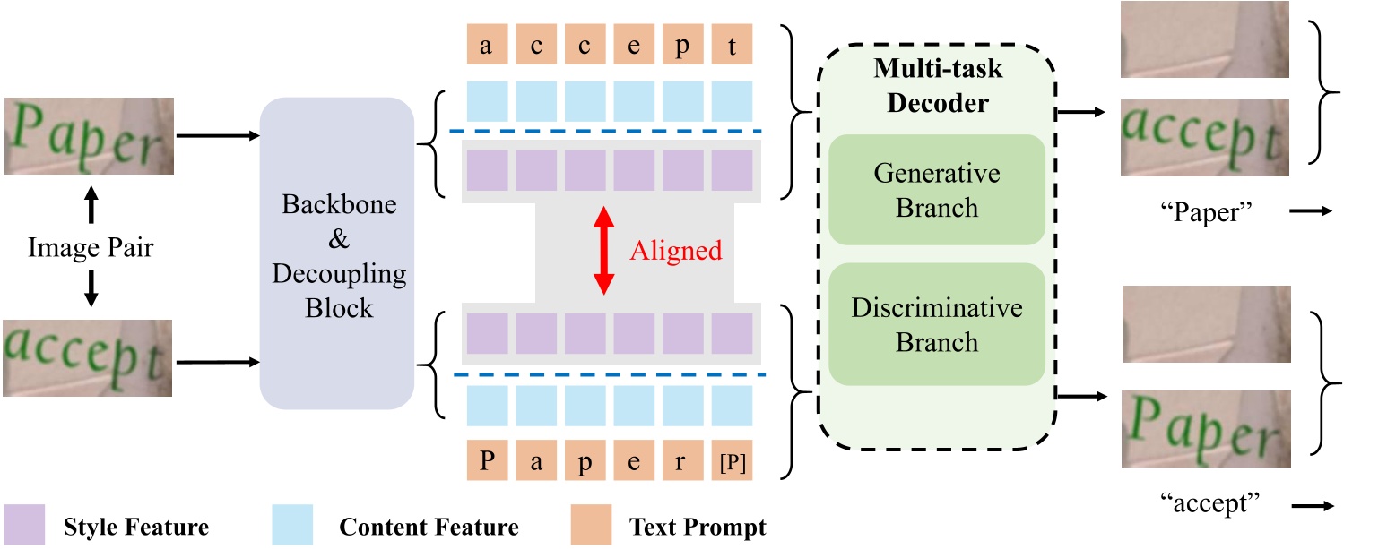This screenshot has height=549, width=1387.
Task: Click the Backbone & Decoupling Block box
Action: [x=336, y=253]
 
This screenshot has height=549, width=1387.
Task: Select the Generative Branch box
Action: [x=937, y=190]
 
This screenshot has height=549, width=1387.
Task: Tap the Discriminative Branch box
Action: [x=937, y=325]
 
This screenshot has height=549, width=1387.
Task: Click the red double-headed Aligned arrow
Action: [x=605, y=251]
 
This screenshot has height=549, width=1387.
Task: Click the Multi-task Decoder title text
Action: [x=937, y=85]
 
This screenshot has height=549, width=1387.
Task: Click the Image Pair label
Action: [x=89, y=247]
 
